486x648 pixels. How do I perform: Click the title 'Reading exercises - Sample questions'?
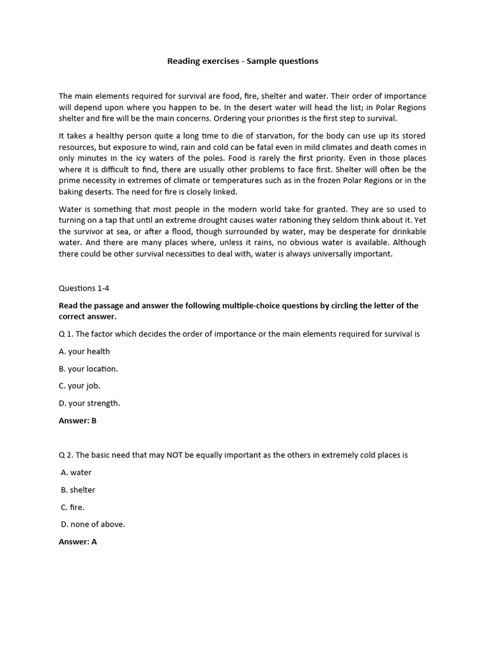[242, 61]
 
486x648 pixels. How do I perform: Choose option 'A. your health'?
[84, 351]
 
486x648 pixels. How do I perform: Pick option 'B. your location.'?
[89, 368]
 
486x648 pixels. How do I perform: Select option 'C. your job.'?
[80, 385]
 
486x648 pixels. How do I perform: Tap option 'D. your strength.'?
[89, 403]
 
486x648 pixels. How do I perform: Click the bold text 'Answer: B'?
[78, 420]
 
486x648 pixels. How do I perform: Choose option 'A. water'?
[77, 472]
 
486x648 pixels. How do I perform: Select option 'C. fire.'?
[73, 507]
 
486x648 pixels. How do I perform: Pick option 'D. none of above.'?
[93, 524]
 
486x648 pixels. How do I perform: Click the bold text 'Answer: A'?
[78, 542]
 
